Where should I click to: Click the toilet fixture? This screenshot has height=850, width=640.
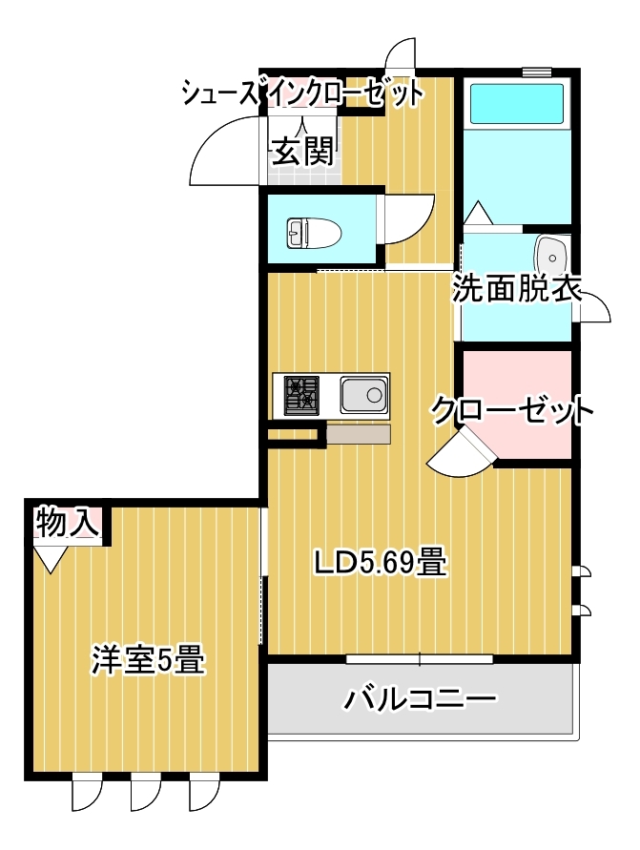click(314, 234)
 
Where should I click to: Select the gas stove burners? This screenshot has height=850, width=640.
click(301, 394)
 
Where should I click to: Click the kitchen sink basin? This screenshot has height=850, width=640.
click(363, 395)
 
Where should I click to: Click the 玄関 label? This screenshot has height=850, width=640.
click(301, 152)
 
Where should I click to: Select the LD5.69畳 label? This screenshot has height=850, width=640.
click(382, 563)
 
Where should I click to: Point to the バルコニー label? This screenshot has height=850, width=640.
click(420, 699)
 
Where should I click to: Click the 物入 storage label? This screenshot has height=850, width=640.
click(67, 523)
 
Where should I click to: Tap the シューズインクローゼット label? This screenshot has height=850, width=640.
click(302, 93)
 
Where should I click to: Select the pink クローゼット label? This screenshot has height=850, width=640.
click(512, 412)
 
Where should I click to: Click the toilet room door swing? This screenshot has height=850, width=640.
click(409, 219)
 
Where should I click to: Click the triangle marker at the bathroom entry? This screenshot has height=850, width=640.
click(479, 213)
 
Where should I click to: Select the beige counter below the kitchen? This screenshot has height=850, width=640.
click(359, 434)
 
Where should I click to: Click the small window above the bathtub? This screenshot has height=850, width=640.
click(537, 72)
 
